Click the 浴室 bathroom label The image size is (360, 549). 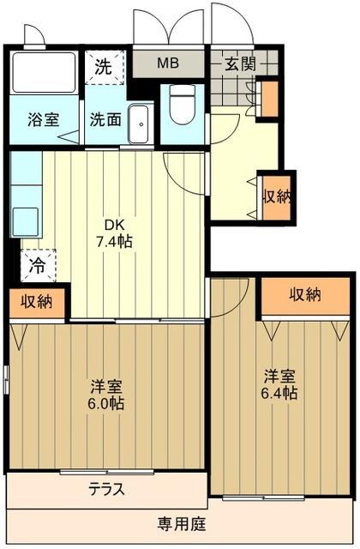coord(43,119)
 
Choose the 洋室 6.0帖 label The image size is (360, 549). coord(107,393)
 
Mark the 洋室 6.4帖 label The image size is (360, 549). coord(280,384)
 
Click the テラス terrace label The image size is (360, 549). coord(107,489)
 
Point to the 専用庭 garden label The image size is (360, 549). coord(180,522)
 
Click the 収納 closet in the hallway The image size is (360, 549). coord(276,196)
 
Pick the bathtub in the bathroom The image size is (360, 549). coord(43,73)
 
